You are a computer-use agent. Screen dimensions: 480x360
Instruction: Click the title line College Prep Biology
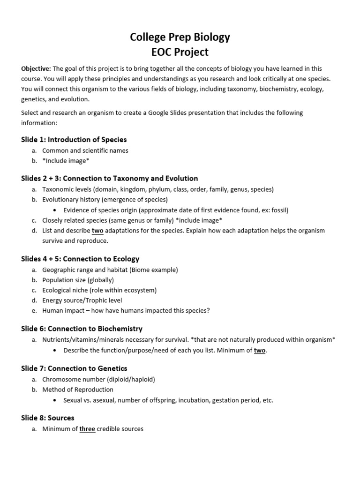tap(180, 37)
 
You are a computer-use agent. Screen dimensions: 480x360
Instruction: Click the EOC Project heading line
tap(180, 52)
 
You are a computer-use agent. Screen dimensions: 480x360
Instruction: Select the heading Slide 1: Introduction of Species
tap(74, 140)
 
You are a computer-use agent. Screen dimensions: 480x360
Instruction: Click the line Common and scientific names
tap(85, 150)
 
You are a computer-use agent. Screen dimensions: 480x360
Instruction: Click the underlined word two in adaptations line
tap(97, 231)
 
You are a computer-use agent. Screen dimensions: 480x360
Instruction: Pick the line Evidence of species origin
tap(176, 210)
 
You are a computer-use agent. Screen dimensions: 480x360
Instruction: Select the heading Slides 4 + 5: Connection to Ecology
tap(80, 259)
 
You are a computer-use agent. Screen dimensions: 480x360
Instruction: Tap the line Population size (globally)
tap(78, 280)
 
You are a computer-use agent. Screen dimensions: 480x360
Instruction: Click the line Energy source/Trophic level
tap(82, 300)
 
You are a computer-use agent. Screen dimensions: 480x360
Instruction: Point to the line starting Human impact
tap(126, 311)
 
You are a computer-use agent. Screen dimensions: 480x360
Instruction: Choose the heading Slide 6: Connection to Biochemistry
tap(82, 329)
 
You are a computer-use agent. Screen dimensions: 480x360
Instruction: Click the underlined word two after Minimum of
tap(260, 350)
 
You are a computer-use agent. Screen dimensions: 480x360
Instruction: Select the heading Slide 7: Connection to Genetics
tap(74, 368)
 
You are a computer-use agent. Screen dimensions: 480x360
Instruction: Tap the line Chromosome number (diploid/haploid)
tap(98, 379)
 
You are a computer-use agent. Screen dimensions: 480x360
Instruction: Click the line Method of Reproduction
tap(78, 390)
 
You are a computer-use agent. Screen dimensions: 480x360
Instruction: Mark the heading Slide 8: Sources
tap(48, 418)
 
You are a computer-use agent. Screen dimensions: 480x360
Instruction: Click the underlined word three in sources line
tap(87, 429)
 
